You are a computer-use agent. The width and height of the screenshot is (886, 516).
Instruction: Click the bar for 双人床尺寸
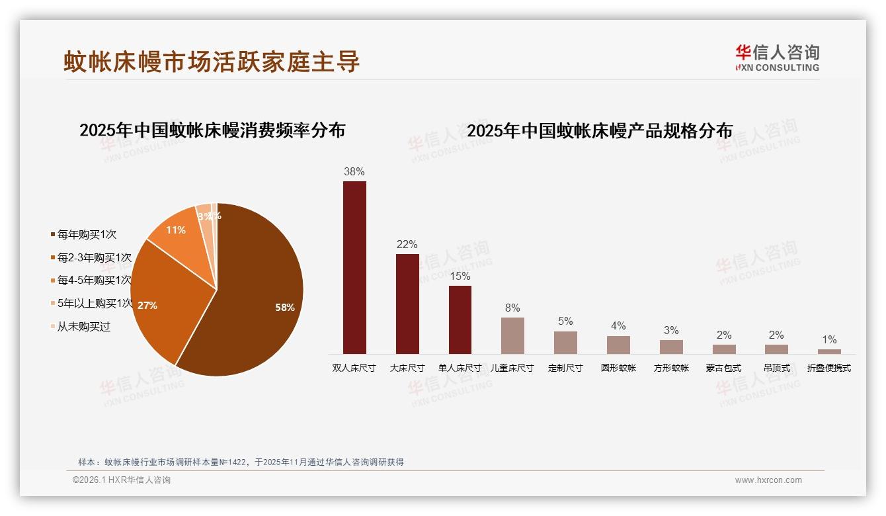point(354,267)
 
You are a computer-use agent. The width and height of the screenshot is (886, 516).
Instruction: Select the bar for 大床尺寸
point(407,304)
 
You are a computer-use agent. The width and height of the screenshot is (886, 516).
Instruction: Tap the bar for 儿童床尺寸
point(512,335)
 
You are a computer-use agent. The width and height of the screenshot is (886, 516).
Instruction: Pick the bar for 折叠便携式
point(829,351)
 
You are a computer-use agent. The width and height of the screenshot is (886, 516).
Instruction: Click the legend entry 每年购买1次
point(86,234)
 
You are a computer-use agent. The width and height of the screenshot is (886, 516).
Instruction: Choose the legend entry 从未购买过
point(83,326)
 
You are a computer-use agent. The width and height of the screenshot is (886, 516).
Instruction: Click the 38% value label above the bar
point(354,171)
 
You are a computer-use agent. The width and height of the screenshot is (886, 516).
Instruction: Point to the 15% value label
point(460,276)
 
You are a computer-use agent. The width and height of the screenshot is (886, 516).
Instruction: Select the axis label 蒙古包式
point(723,368)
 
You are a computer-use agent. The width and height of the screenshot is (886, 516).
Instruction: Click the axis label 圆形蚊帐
point(618,368)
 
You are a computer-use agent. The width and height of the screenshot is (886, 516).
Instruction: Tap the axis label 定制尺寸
point(565,368)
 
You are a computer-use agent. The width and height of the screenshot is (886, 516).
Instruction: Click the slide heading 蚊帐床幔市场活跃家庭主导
point(212,61)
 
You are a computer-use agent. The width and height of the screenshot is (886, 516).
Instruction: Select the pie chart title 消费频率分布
point(212,130)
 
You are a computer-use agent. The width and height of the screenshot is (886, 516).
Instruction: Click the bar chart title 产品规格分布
point(600,130)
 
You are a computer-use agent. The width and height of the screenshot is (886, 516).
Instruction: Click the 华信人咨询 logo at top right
point(778,58)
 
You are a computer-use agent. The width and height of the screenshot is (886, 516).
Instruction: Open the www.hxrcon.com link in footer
point(768,480)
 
